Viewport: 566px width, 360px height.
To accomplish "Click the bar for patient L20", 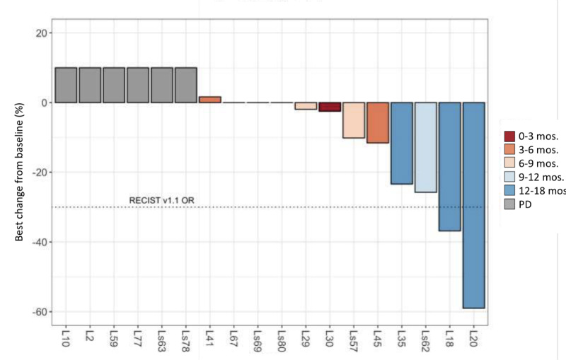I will pos(473,205).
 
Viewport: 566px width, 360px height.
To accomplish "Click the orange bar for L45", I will pos(378,122).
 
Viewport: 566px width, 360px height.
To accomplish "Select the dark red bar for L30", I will pos(330,107).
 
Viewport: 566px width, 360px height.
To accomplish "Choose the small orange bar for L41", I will pos(209,100).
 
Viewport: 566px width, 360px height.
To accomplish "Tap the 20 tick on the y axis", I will pos(40,33).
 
